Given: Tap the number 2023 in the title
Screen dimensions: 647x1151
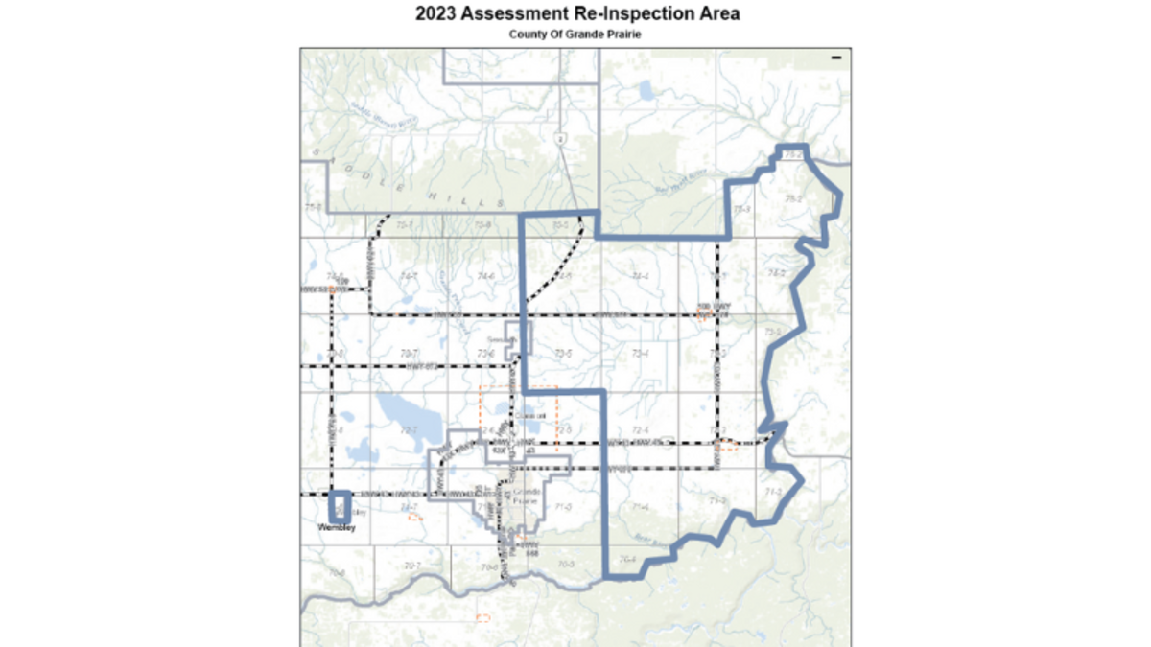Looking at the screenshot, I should [x=436, y=15].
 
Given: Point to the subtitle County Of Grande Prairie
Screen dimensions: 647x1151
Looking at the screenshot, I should [x=575, y=35].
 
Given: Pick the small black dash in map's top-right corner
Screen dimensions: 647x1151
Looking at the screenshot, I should [x=836, y=58].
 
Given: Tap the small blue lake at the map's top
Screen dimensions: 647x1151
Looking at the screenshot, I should [x=645, y=93].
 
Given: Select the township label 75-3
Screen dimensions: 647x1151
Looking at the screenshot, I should [x=740, y=208].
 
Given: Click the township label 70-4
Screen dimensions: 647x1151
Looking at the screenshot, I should [x=628, y=560].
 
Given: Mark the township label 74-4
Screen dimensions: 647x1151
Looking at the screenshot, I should [x=641, y=276].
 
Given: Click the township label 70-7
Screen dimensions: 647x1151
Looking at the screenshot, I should [x=411, y=566].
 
